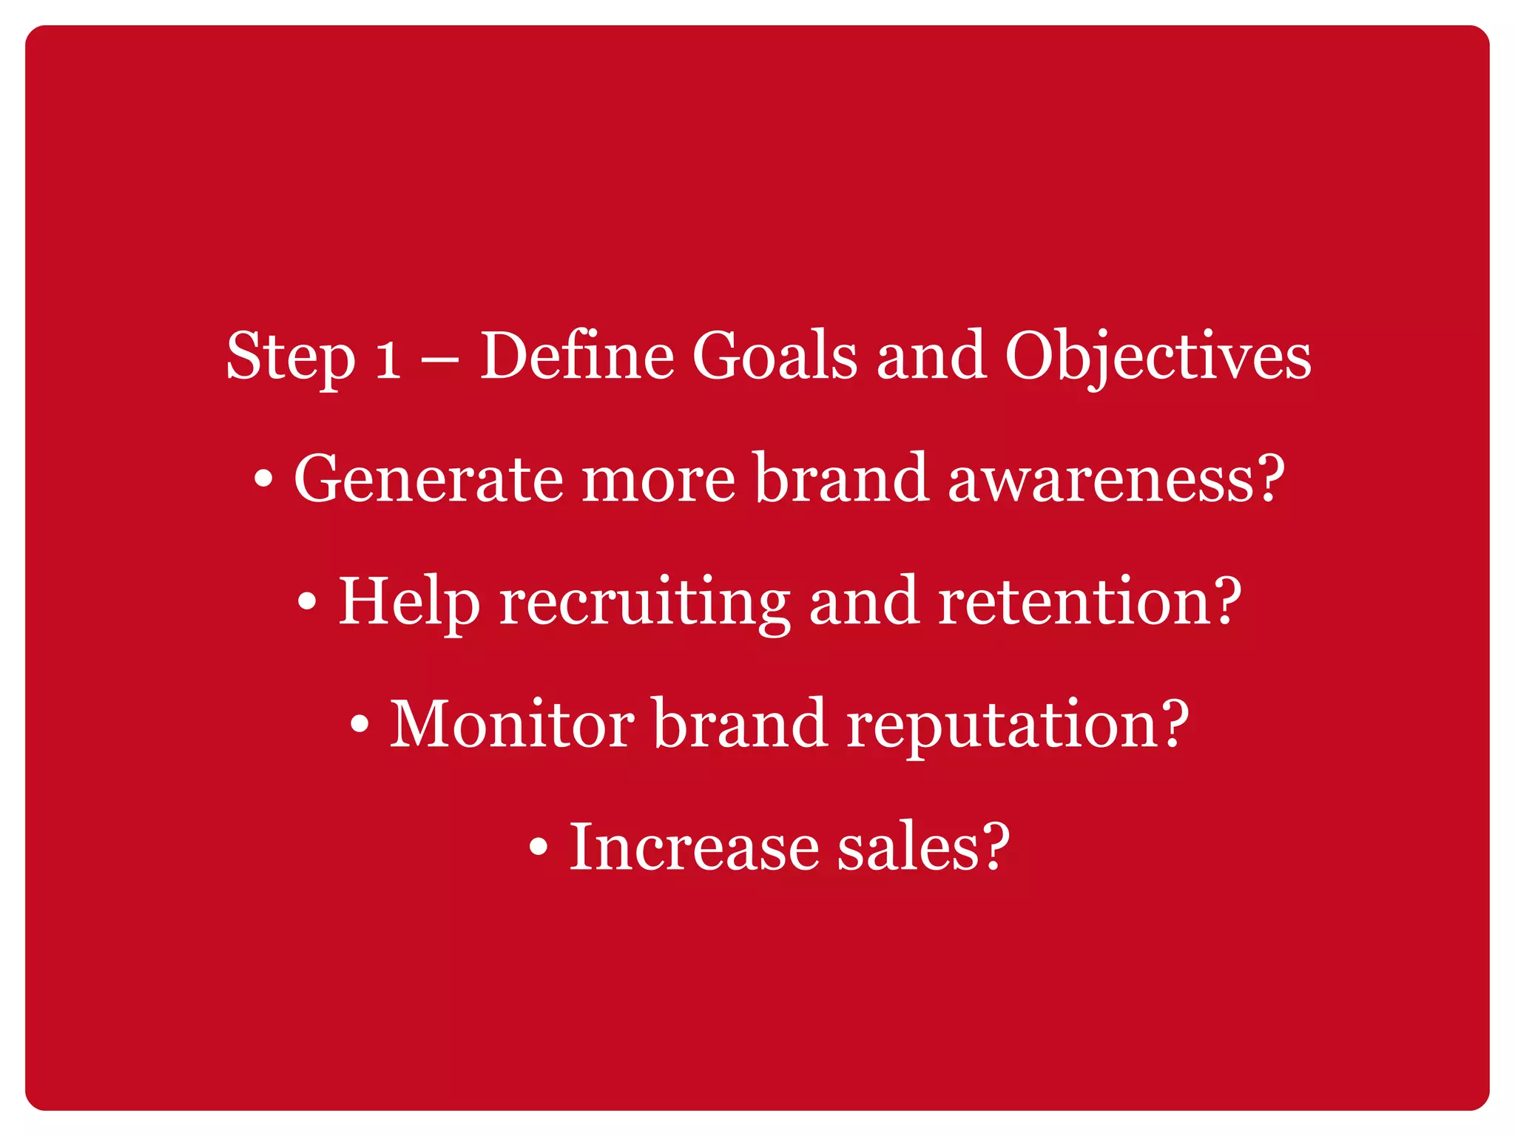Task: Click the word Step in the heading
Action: point(291,358)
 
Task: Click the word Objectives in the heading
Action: point(1158,358)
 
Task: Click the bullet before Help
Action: point(307,602)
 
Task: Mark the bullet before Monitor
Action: point(359,725)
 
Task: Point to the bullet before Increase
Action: point(539,848)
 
